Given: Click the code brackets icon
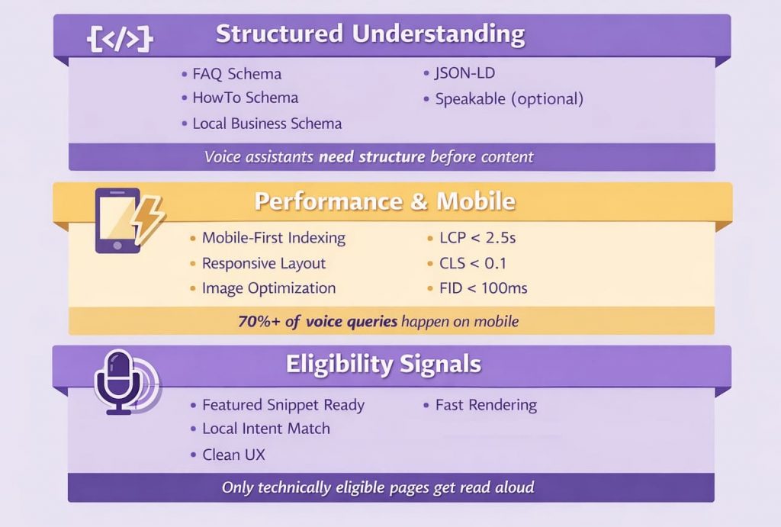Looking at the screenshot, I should [x=121, y=38].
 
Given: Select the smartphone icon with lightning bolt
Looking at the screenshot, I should [x=126, y=220].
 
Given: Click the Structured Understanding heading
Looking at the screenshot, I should [x=370, y=34].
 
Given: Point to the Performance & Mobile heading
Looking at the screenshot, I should [x=385, y=201].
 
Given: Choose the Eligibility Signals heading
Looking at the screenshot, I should [x=384, y=364].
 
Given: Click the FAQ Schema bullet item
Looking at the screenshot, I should [x=236, y=74].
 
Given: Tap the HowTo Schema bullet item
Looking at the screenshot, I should [x=245, y=98].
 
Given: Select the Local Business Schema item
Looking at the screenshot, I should [x=267, y=123].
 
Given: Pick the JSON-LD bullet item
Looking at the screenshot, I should [x=465, y=74].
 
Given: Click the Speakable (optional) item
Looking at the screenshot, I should [x=509, y=99].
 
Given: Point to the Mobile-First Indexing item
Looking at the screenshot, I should [x=273, y=238].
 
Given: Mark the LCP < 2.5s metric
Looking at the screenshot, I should [x=477, y=238].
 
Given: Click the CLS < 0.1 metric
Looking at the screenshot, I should [x=473, y=263].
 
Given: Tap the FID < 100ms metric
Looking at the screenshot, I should [x=484, y=288].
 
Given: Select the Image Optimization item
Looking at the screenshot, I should [x=268, y=288].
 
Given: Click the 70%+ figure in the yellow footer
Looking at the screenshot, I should [x=258, y=321].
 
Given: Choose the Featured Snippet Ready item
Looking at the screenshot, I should [x=283, y=405].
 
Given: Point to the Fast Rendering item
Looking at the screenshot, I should [x=486, y=405].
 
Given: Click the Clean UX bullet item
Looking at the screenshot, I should [x=233, y=455].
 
